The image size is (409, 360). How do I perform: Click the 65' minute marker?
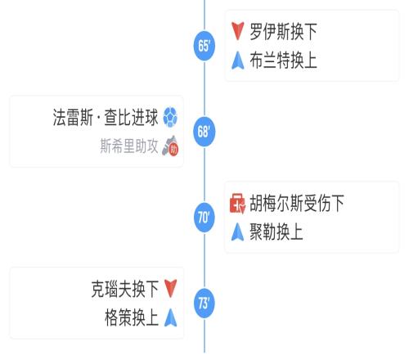coord(204,46)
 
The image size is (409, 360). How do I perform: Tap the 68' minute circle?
coord(204,132)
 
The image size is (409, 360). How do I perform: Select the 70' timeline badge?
coord(204,218)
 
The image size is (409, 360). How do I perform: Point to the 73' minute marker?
coord(204,303)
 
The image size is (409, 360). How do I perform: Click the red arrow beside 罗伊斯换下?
coord(237,31)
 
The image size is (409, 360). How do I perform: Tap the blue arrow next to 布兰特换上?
coord(237,61)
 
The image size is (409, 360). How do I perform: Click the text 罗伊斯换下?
coord(283,31)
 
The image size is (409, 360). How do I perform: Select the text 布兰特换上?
coord(283,61)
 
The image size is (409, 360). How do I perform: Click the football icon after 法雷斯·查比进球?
coord(170,117)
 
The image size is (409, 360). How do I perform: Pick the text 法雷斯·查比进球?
coord(106,117)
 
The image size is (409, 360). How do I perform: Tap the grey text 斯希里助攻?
coord(129,146)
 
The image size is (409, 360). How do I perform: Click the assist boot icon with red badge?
coord(170,146)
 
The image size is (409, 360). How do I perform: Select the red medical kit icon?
coord(237,203)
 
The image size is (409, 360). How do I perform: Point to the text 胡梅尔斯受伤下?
coord(297,203)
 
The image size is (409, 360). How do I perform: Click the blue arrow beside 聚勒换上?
coord(237,232)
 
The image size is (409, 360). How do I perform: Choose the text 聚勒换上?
coord(276,232)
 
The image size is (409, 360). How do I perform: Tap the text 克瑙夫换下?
coord(124,289)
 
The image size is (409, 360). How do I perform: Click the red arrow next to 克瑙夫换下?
coord(171,289)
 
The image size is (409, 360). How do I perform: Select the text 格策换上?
coord(132,317)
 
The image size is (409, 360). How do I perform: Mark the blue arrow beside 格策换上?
coord(171,317)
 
